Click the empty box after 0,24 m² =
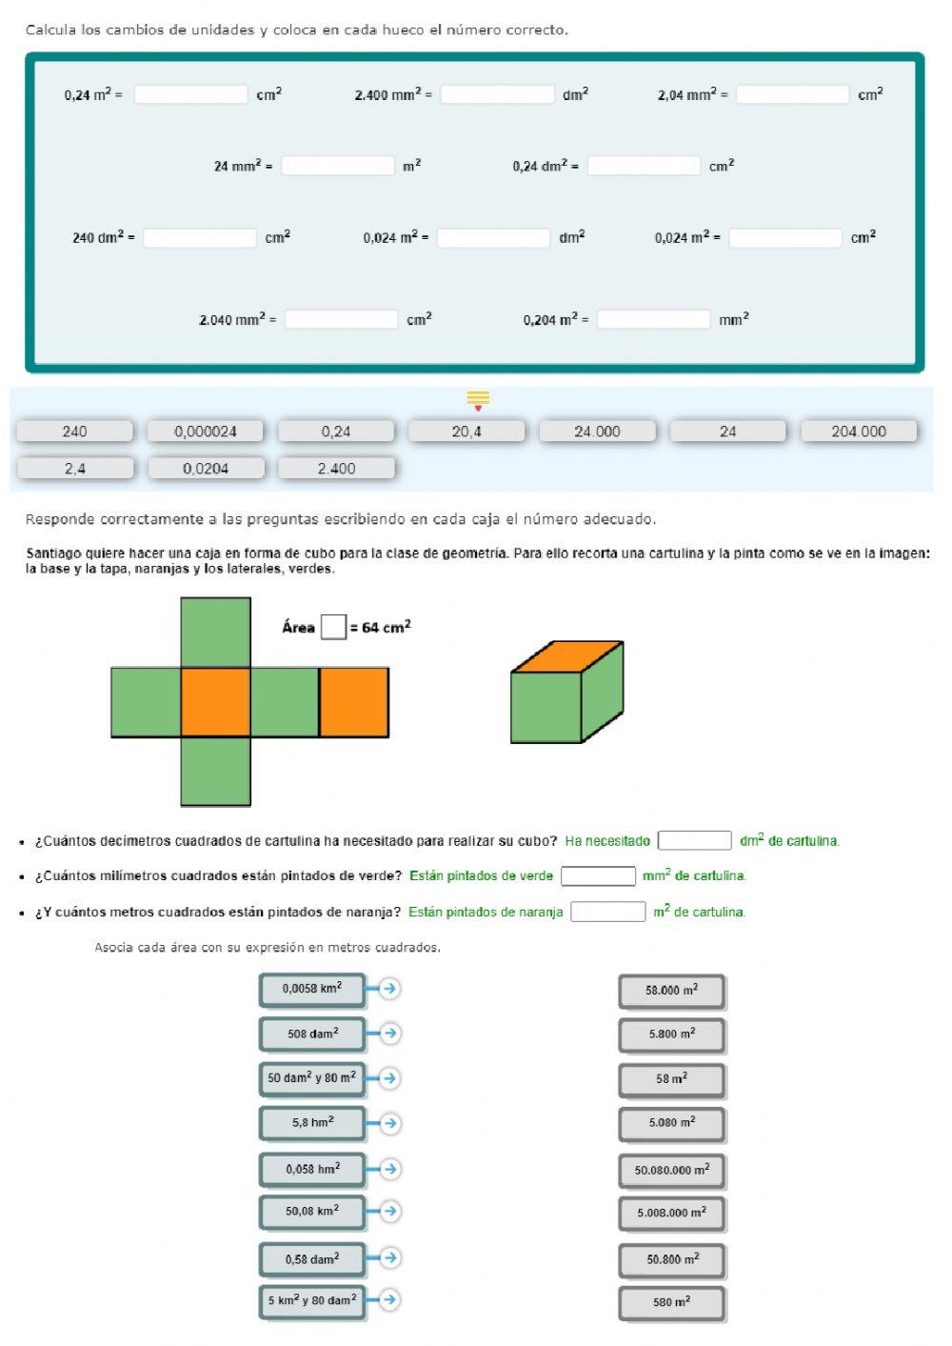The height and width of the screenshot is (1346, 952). (190, 94)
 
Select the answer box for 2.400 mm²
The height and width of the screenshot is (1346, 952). (497, 94)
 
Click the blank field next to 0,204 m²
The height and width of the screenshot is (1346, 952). (653, 319)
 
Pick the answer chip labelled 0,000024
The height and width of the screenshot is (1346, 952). (206, 432)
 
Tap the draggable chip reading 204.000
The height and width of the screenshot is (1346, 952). (858, 432)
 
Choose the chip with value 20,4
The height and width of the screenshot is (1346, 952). (466, 432)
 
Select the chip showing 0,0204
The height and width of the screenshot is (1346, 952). (206, 469)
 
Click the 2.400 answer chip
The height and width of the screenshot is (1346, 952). (336, 469)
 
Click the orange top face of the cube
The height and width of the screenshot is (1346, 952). (567, 656)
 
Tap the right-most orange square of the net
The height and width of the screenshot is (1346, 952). (353, 702)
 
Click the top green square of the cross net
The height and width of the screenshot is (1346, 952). (215, 632)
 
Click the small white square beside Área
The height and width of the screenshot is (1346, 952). (333, 627)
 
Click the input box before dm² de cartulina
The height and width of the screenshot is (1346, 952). (695, 840)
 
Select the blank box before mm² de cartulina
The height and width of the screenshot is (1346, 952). (598, 875)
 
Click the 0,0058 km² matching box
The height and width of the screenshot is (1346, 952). (312, 989)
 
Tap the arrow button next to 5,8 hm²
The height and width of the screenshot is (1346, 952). (388, 1123)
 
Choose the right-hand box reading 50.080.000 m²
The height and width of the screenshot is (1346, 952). (671, 1170)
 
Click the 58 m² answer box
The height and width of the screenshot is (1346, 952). (671, 1079)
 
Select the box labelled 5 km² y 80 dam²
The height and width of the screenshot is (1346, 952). (312, 1299)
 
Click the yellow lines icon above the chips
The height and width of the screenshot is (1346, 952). (478, 397)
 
